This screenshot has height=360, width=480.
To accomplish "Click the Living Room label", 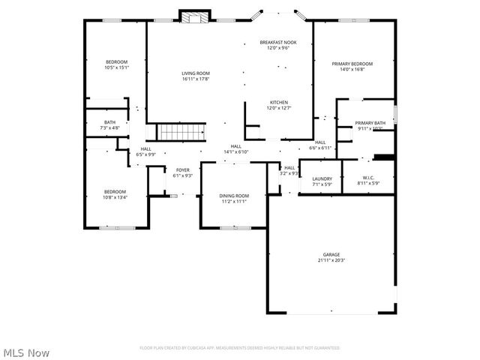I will click(195, 73).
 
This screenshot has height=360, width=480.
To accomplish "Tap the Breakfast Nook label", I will click(278, 43).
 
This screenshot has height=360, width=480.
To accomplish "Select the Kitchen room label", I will click(278, 103).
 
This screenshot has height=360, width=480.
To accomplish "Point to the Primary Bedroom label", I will click(352, 64).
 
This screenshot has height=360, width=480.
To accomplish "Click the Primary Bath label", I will click(370, 123).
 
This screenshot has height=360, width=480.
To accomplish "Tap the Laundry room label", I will click(322, 178).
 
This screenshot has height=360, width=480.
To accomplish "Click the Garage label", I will click(331, 255).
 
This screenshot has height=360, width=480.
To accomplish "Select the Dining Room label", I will click(235, 196).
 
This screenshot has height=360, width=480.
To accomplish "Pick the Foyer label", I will click(183, 170).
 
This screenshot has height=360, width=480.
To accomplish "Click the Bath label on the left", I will click(110, 122).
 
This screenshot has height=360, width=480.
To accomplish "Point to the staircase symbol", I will click(181, 132).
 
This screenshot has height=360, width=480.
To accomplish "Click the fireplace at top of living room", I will click(194, 17).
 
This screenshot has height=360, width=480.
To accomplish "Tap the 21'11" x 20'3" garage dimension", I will click(331, 260).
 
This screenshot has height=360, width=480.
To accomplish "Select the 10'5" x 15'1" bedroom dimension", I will click(116, 67).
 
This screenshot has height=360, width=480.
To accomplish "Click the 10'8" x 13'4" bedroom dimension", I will click(115, 197).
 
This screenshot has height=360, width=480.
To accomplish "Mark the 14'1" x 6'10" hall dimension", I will click(235, 151).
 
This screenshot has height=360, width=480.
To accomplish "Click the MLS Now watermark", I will click(26, 351).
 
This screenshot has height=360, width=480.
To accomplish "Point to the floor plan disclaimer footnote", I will click(239, 348).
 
